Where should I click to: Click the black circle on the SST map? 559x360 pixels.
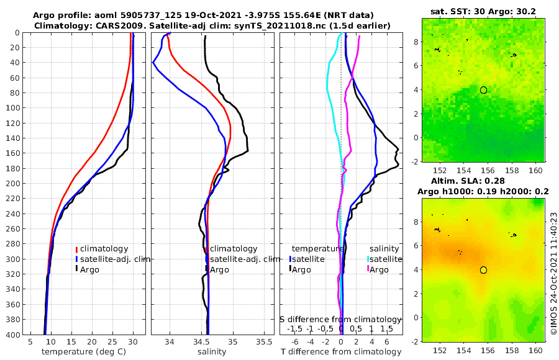[483, 90]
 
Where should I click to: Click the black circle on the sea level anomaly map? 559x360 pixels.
[483, 270]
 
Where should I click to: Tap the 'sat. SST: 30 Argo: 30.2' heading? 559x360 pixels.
[482, 11]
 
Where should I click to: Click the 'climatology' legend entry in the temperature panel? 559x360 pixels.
[105, 249]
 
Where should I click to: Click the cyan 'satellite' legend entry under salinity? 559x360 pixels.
[387, 259]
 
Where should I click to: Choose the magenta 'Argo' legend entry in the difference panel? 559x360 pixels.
[379, 269]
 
